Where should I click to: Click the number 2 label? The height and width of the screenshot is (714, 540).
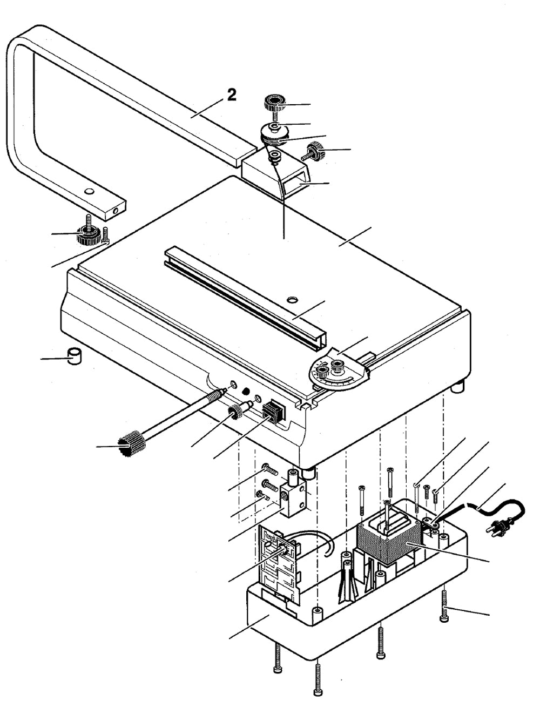pyautogui.click(x=231, y=95)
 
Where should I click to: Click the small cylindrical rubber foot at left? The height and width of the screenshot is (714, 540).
pyautogui.click(x=73, y=357)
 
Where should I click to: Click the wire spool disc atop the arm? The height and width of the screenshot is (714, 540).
pyautogui.click(x=274, y=132)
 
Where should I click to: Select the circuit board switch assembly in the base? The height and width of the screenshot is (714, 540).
pyautogui.click(x=276, y=556)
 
